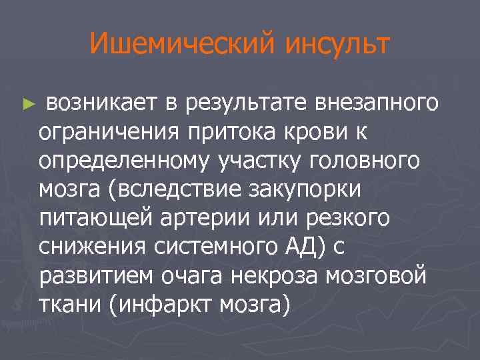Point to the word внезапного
[x=377, y=103]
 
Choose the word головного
[x=369, y=160]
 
